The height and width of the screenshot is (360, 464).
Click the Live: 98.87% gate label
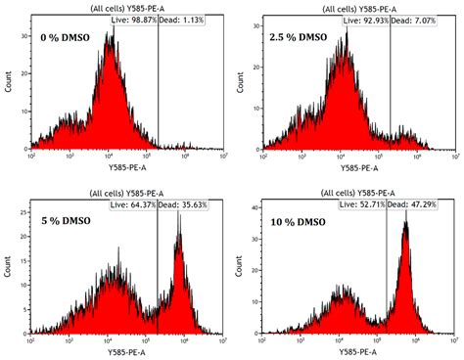(131, 20)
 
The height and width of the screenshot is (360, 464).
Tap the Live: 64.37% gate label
(131, 203)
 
